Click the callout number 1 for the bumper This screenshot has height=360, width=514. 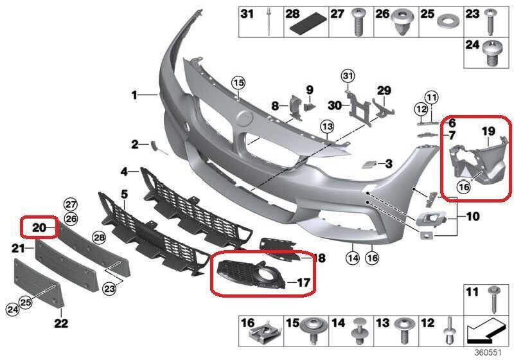pos(134,95)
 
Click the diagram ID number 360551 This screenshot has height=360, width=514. pos(488,352)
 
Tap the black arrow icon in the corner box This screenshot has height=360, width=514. pos(486,330)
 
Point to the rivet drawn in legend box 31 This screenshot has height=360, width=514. pos(269,21)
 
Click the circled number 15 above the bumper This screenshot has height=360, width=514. pos(238,84)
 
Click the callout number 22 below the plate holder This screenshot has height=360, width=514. pos(61,323)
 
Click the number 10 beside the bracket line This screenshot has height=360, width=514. pos(473,217)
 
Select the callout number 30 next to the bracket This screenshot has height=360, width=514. pos(335,105)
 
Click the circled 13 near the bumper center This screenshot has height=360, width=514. pos(327,127)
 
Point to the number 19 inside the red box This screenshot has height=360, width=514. pos(488,132)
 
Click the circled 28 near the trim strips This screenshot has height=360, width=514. pos(99,237)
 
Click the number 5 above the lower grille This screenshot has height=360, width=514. pos(124,194)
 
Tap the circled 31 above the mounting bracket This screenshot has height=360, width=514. pos(348,76)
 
